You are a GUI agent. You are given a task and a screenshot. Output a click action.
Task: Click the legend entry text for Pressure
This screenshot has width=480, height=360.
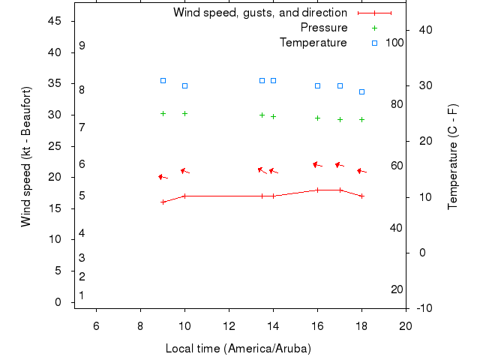click(x=324, y=28)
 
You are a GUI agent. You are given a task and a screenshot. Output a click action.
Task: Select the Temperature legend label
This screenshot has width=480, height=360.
click(x=313, y=43)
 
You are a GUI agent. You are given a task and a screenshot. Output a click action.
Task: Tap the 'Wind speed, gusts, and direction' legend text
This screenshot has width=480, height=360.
click(x=260, y=13)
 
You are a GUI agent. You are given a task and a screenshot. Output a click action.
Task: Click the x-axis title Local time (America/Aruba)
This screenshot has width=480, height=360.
click(x=238, y=349)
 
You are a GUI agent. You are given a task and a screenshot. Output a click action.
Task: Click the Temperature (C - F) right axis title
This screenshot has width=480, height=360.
click(x=452, y=157)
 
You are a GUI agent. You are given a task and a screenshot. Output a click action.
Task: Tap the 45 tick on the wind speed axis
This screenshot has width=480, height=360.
click(x=54, y=21)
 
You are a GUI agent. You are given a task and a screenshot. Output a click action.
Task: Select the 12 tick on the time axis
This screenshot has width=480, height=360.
click(x=229, y=324)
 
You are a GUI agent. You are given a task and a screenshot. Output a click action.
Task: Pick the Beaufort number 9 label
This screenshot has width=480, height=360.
click(x=82, y=46)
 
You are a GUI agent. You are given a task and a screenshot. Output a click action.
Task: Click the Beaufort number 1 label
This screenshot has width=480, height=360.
click(x=82, y=295)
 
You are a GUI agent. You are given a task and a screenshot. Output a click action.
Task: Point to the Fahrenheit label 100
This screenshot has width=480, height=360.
click(x=394, y=43)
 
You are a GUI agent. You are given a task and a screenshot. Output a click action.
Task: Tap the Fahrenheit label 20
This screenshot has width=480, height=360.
click(x=397, y=289)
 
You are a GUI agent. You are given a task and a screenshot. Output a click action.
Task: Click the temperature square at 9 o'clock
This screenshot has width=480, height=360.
click(x=163, y=80)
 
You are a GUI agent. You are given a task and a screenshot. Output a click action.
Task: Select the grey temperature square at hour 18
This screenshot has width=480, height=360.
click(x=361, y=91)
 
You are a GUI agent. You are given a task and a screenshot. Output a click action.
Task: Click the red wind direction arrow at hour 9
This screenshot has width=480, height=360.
click(x=162, y=177)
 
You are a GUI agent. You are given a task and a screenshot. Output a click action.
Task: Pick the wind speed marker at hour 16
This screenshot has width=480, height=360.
click(x=317, y=190)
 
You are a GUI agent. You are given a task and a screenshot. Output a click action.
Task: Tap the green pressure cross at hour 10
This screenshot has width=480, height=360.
click(x=184, y=113)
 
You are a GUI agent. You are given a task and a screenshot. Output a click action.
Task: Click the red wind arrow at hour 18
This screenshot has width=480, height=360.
click(x=361, y=171)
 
